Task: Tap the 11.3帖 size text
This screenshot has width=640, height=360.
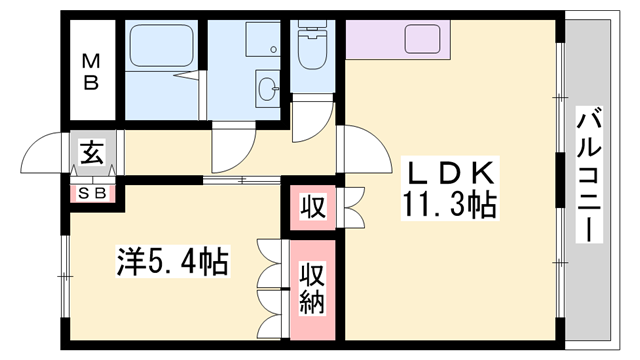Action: (450, 205)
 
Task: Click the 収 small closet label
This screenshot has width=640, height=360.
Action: (313, 207)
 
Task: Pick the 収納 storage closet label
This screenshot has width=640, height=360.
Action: (313, 288)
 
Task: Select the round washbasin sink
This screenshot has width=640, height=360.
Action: (269, 89)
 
